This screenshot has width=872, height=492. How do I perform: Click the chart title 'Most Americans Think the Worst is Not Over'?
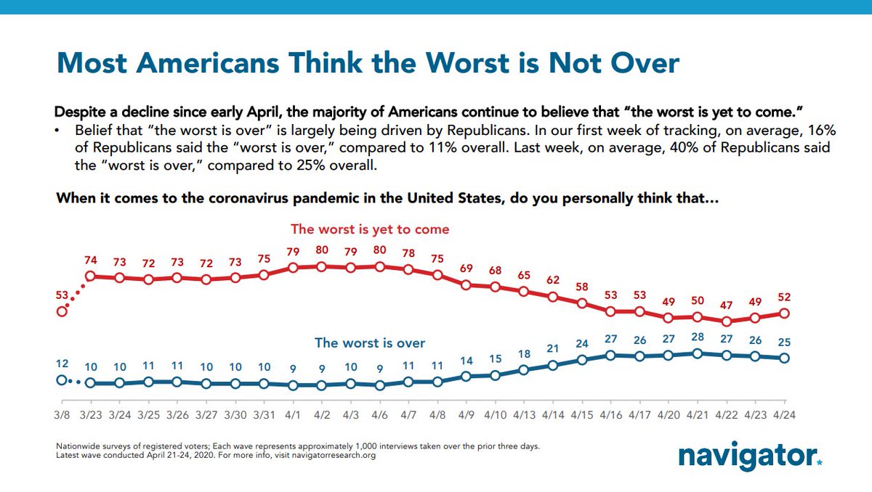368,63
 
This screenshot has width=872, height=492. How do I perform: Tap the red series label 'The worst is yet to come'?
370,229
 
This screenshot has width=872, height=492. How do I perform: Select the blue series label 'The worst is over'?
369,343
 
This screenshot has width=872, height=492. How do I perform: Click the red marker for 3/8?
62,311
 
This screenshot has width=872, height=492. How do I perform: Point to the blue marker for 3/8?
62,380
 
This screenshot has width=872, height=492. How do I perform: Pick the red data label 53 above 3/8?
62,295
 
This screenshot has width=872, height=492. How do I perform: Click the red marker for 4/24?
784,313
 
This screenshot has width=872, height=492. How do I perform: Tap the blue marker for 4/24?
784,358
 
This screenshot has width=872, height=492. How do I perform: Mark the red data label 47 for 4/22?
726,304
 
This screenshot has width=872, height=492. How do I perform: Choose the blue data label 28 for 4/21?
698,337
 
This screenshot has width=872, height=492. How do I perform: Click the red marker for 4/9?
467,284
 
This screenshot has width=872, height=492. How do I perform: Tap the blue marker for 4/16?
610,355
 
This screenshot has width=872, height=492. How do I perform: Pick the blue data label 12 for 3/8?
62,363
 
